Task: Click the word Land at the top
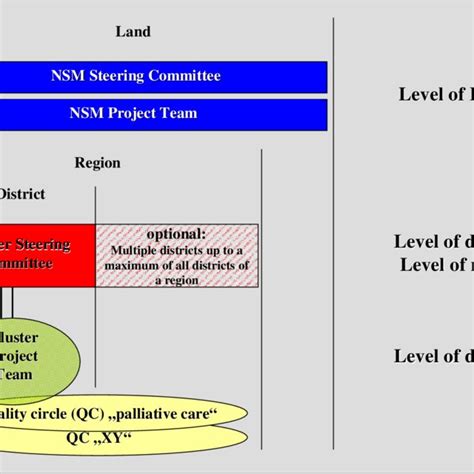[133, 32]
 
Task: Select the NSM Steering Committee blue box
[164, 75]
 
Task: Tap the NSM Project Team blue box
[164, 113]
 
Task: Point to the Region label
[97, 163]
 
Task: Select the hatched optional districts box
[177, 254]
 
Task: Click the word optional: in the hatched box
[176, 232]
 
